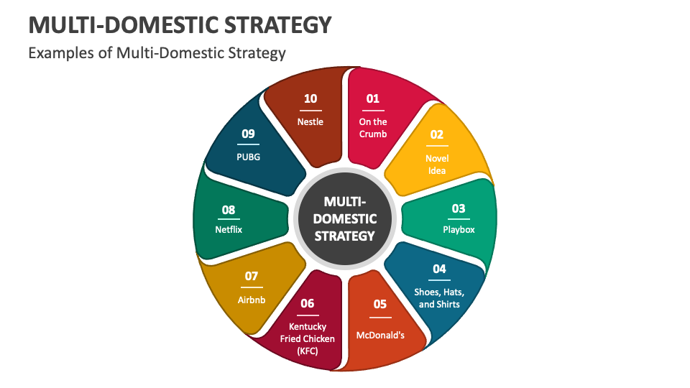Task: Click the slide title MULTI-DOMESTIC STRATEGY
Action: (180, 25)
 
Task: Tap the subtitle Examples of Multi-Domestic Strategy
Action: (157, 53)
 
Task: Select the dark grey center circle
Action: (345, 218)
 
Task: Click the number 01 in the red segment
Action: (373, 98)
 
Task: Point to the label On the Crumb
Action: (373, 128)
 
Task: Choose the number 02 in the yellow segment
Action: (436, 134)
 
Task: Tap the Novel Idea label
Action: (437, 165)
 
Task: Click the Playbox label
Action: (459, 230)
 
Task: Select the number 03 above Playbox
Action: (459, 208)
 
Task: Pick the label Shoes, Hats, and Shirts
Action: (439, 298)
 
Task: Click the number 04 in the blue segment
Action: (439, 269)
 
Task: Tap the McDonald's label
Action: (380, 336)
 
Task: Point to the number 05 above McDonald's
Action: (380, 304)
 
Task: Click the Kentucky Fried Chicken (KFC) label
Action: (307, 338)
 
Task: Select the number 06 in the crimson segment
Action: (307, 303)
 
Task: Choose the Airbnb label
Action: (252, 300)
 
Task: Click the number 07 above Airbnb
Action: (252, 276)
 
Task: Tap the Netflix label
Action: (229, 229)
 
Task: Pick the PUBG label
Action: (248, 157)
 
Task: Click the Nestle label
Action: (310, 122)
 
